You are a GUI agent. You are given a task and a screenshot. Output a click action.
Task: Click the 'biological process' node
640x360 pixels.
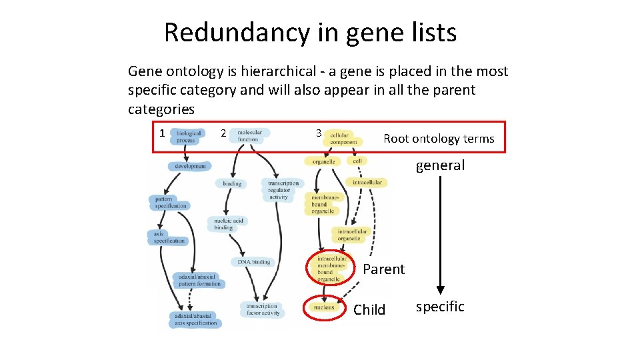188,137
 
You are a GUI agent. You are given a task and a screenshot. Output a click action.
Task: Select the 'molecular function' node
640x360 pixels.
249,135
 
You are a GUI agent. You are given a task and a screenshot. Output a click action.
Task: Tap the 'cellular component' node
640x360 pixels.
343,138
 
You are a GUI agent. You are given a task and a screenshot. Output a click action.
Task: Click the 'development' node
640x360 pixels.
191,166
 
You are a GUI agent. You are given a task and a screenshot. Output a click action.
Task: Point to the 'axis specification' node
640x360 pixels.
169,237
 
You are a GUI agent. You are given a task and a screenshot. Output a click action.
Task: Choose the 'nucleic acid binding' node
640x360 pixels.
229,224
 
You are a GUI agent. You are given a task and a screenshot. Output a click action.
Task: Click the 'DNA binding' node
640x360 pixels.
253,262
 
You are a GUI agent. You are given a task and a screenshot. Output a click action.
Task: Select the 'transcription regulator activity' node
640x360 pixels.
283,190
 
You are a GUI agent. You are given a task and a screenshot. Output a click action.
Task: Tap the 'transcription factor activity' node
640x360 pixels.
262,309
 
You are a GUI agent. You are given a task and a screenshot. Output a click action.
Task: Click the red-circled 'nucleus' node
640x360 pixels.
324,307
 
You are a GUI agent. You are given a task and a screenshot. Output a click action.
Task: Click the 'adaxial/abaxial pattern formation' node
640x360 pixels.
199,280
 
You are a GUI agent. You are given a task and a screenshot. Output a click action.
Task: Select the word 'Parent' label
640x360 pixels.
383,269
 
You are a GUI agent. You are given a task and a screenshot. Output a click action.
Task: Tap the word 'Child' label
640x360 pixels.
369,310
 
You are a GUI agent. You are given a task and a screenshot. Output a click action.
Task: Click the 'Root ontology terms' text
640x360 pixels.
439,139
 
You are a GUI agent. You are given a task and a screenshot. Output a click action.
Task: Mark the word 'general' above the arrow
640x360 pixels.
440,165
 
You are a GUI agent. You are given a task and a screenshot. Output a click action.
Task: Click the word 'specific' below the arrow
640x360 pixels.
440,307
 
